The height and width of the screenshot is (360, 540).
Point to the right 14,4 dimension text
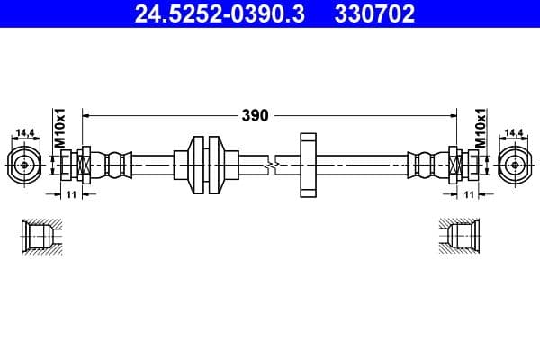pos(514,133)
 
